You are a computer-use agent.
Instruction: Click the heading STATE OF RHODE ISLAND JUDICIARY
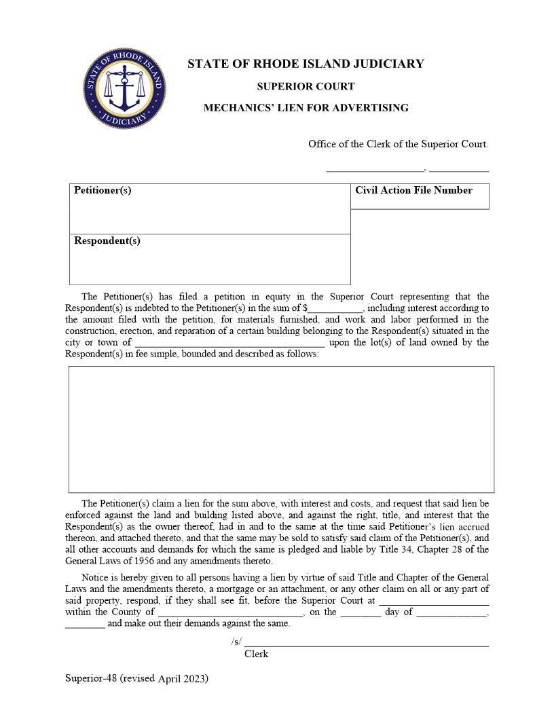point(306,64)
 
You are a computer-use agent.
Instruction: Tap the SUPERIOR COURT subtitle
point(306,86)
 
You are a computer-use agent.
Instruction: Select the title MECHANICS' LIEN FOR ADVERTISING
point(306,107)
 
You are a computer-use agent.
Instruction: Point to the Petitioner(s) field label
point(103,190)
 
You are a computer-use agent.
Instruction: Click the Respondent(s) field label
point(107,240)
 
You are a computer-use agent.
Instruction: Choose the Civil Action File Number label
point(413,190)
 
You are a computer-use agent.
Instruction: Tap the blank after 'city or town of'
point(229,343)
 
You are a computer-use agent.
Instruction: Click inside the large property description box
point(281,429)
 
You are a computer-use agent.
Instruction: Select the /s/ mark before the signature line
point(236,642)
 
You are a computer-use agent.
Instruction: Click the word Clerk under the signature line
point(256,654)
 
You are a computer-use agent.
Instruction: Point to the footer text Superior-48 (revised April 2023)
point(136,678)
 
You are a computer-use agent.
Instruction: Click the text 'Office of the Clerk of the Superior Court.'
point(398,144)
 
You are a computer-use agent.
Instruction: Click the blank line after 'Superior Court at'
point(434,601)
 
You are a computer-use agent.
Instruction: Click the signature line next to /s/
point(367,643)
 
